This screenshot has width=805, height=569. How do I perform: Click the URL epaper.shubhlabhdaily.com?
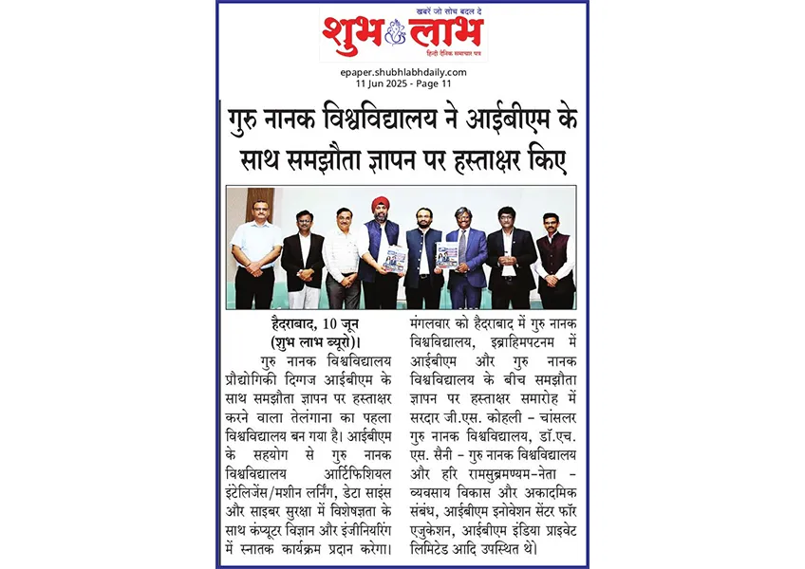point(402,72)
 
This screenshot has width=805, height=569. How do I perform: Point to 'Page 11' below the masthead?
point(441,83)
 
